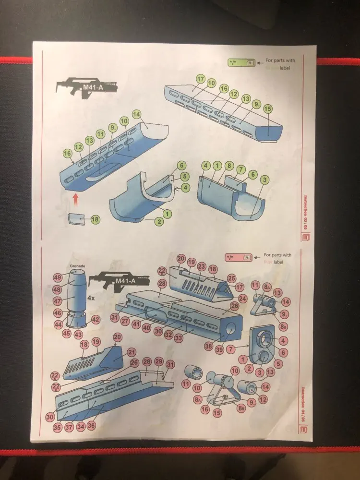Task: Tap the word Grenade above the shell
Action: coord(77,265)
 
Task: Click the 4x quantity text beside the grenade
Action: coord(91,298)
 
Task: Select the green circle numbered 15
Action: coord(268,109)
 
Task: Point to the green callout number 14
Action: coord(136,114)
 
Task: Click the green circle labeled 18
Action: coord(95,219)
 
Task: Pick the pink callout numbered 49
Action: coord(58,277)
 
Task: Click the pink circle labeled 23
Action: coord(202,266)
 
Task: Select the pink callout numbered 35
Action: coord(57,426)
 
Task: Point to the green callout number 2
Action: coord(159,221)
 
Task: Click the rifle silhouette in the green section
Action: coord(86,86)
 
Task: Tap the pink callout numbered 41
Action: coord(136,324)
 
